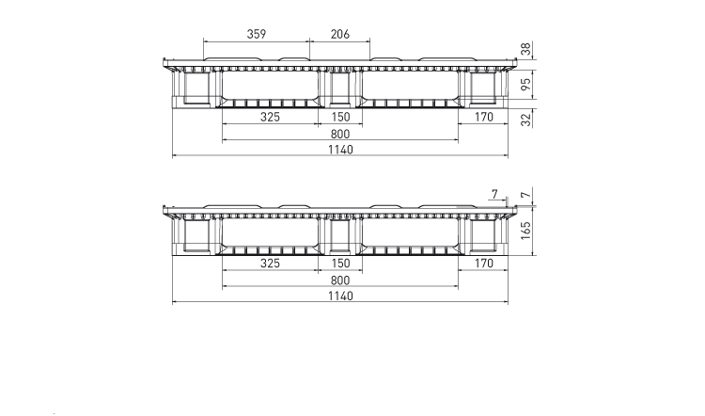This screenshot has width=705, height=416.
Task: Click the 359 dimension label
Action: tap(257, 34)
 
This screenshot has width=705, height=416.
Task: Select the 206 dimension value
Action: tap(340, 34)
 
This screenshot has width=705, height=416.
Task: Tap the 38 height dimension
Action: tap(525, 49)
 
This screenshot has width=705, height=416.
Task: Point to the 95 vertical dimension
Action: tap(525, 84)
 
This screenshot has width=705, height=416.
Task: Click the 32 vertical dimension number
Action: tap(525, 120)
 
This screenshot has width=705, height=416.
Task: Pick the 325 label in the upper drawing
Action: tap(270, 117)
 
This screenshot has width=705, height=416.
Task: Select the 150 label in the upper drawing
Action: tap(340, 117)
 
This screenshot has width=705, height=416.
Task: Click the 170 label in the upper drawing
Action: tap(484, 117)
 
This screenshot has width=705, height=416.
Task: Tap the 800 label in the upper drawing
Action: tap(340, 134)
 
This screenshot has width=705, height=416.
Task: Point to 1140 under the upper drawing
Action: tap(340, 150)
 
